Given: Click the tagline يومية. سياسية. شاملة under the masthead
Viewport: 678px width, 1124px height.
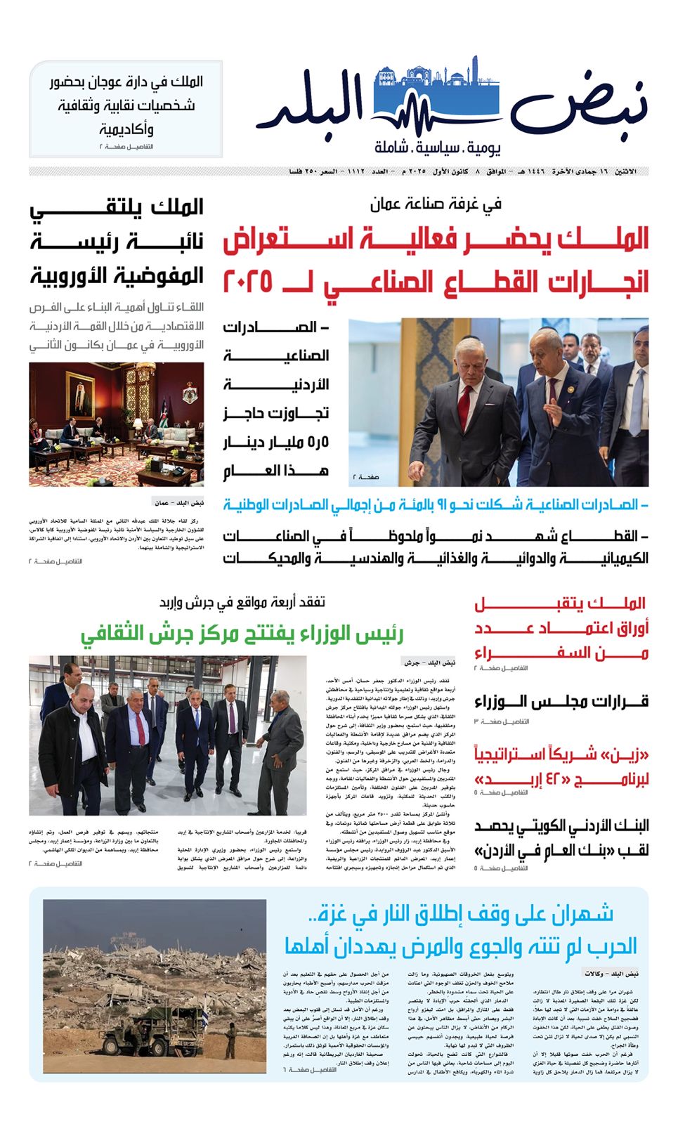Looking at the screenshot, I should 438,148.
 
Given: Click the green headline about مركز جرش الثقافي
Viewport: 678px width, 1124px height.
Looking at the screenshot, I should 242,634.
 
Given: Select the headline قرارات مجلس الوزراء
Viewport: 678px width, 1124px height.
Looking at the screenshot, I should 561,702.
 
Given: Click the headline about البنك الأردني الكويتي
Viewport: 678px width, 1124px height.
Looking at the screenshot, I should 561,837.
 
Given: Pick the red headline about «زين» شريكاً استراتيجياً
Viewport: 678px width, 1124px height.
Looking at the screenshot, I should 561,767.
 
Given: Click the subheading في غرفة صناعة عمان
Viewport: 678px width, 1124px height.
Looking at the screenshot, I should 436,204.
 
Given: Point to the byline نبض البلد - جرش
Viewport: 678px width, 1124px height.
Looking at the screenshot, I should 429,662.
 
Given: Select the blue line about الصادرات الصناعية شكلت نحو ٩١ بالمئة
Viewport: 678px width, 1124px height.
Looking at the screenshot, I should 436,505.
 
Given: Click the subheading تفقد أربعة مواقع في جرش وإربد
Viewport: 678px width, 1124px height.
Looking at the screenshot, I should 242,603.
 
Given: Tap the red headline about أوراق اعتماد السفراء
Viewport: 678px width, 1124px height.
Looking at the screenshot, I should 561,628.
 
